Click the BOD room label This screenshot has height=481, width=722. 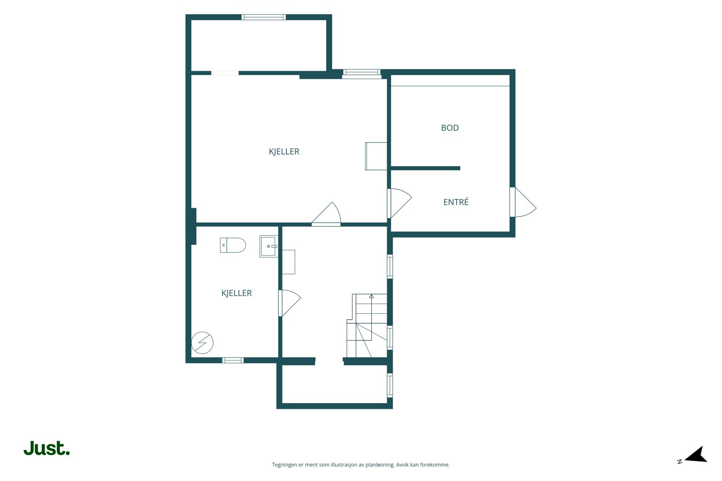pos(449,128)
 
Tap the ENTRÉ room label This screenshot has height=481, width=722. pos(456,202)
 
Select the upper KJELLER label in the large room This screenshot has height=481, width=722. pos(284,151)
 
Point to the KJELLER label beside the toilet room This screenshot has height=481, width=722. pos(236,293)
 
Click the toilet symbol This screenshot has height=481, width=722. pos(233,245)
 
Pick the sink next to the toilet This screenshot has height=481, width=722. pos(268,246)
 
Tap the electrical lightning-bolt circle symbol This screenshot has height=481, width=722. pos(203,343)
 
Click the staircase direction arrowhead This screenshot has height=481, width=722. pos(371,296)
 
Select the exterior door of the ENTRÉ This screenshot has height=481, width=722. pos(523,202)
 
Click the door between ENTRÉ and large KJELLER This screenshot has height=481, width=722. pos(399,203)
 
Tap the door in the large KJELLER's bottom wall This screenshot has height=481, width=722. pos(326,214)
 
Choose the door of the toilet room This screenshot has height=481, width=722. pos(289,303)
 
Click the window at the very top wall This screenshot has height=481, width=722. pos(264,17)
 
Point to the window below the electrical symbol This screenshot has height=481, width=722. pos(233,360)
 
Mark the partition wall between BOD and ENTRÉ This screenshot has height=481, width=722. pos(426,168)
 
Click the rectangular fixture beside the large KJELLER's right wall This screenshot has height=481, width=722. pos(376,156)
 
